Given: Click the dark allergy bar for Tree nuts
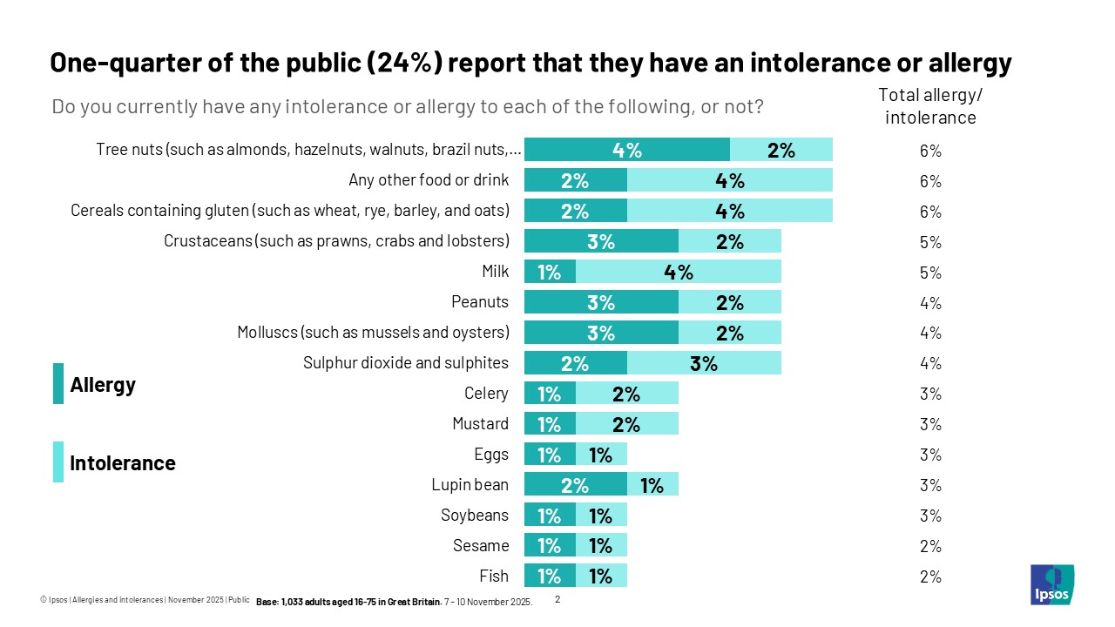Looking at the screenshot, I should (626, 150).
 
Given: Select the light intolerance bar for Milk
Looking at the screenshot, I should (678, 272).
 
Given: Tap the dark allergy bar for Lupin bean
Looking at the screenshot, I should (575, 485).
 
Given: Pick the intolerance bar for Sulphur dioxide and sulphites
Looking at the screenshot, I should (704, 363).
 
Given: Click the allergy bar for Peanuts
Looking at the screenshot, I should (601, 302).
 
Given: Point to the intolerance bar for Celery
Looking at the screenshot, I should (626, 394).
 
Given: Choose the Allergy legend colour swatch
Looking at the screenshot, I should (58, 384).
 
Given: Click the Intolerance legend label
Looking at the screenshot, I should (123, 463).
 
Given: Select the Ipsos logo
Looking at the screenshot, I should (1051, 584).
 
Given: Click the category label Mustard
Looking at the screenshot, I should (480, 424).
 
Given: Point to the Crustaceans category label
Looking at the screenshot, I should (336, 241).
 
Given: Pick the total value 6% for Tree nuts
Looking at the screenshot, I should (930, 151).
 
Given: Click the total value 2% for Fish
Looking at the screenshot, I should (930, 576).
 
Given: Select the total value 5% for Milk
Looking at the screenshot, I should (930, 273).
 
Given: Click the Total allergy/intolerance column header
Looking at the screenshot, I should (930, 106).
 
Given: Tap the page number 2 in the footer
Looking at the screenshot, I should (558, 599).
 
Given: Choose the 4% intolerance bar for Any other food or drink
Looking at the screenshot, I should (729, 180).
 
